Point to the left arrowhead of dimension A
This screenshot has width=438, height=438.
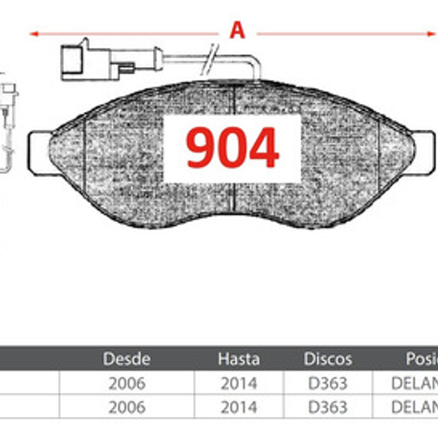click(34, 34)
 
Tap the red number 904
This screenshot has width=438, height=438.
click(232, 148)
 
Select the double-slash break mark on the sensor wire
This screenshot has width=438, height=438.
click(209, 59)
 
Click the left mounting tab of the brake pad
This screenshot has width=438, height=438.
click(38, 153)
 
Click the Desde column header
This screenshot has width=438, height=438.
click(126, 359)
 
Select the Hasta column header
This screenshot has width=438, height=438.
click(239, 359)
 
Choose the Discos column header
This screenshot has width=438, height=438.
click(328, 359)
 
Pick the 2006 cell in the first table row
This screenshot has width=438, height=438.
click(127, 383)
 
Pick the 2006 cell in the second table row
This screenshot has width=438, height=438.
click(127, 407)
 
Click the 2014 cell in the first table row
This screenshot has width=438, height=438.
click(239, 383)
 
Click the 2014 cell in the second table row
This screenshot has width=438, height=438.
click(239, 407)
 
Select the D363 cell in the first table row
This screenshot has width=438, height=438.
click(328, 383)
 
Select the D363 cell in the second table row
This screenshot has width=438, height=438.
click(328, 407)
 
